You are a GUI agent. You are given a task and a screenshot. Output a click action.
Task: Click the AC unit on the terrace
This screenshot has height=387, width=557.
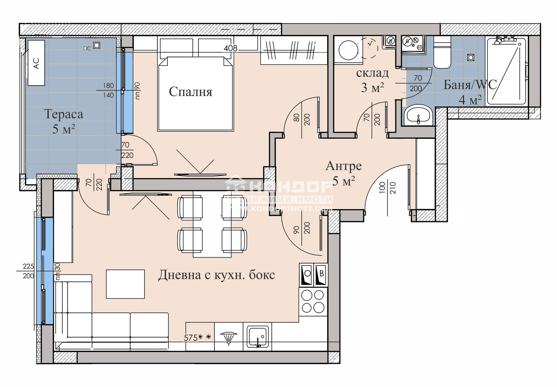click(x=36, y=63)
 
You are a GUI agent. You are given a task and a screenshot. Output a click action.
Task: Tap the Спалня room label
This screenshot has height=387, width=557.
click(x=190, y=92)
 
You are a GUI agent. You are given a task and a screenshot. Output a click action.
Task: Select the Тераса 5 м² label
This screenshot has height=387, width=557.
click(x=64, y=121)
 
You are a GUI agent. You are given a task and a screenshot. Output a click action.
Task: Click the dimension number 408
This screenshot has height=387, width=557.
click(x=230, y=48)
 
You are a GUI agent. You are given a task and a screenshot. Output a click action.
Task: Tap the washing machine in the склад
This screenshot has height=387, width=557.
click(x=348, y=50)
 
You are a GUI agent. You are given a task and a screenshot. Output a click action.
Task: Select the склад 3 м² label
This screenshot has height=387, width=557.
click(x=372, y=80)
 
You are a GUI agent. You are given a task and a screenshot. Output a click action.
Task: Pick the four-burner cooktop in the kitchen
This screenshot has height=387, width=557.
click(x=313, y=301)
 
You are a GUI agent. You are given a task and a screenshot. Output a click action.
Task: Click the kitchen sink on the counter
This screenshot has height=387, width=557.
click(x=258, y=337)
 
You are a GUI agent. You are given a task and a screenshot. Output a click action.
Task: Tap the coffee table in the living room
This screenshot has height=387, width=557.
click(x=125, y=284)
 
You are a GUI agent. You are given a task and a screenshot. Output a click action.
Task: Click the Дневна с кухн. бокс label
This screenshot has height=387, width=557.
click(x=217, y=275)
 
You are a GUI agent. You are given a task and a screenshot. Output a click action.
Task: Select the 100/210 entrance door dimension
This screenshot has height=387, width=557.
click(x=387, y=188)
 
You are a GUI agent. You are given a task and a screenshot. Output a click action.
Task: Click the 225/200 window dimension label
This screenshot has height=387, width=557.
click(x=28, y=271)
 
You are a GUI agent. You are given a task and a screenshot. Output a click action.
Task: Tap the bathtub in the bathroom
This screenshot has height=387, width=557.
click(x=506, y=71)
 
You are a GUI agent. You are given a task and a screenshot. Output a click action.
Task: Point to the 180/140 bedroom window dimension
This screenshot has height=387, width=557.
click(x=108, y=90)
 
